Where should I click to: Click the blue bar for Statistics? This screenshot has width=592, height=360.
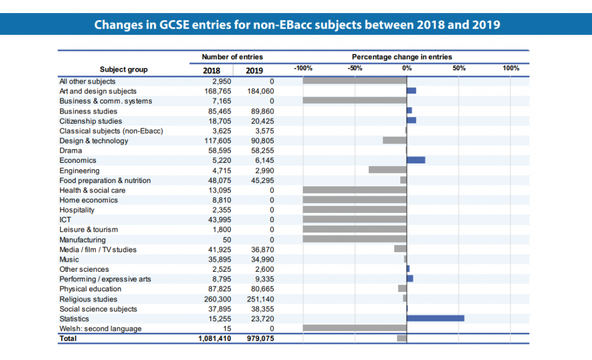[x=435, y=319]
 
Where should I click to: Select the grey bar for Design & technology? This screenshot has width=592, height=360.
[x=394, y=140]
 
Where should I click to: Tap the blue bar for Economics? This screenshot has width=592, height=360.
[x=416, y=160]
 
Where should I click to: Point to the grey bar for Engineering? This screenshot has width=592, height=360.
[x=387, y=170]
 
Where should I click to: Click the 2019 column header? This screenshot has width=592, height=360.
[x=255, y=70]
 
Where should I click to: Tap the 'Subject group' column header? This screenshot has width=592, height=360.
[x=124, y=69]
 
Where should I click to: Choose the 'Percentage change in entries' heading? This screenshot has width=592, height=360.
[x=402, y=57]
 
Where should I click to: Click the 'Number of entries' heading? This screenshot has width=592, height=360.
[x=232, y=57]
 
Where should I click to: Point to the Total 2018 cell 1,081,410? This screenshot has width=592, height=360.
[x=214, y=339]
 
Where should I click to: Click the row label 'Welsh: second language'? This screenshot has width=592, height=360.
[x=100, y=329]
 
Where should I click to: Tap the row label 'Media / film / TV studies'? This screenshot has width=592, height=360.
[x=98, y=249]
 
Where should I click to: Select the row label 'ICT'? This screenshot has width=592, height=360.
[x=65, y=220]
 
